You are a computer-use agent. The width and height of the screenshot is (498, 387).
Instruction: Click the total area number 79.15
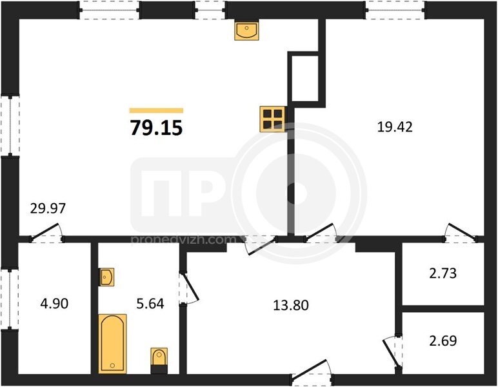157,128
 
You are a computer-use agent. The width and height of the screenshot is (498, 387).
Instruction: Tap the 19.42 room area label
395,127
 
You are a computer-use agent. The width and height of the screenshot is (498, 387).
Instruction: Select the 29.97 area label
48,208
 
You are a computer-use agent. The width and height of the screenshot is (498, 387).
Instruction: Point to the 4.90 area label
54,304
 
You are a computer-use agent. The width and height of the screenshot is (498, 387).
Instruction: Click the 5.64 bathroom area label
150,304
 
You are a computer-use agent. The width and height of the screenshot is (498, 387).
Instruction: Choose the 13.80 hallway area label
291,305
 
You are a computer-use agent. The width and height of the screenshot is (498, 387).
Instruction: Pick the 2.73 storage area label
443,273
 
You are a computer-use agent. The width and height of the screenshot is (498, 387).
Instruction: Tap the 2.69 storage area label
443,341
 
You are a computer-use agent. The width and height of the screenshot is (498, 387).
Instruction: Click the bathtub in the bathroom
112,343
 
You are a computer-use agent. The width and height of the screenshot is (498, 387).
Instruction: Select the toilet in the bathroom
159,361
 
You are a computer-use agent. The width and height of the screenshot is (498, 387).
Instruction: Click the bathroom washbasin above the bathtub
106,277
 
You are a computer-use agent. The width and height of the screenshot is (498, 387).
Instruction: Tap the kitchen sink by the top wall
247,30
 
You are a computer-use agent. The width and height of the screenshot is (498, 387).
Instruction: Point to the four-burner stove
272,119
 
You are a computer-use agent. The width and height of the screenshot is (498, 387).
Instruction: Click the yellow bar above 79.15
156,110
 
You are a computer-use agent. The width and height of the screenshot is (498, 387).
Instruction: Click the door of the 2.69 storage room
392,352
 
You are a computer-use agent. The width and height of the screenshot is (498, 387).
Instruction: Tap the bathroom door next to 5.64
190,288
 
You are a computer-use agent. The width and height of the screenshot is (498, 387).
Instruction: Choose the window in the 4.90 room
10,300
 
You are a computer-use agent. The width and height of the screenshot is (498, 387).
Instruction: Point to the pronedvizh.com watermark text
184,240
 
